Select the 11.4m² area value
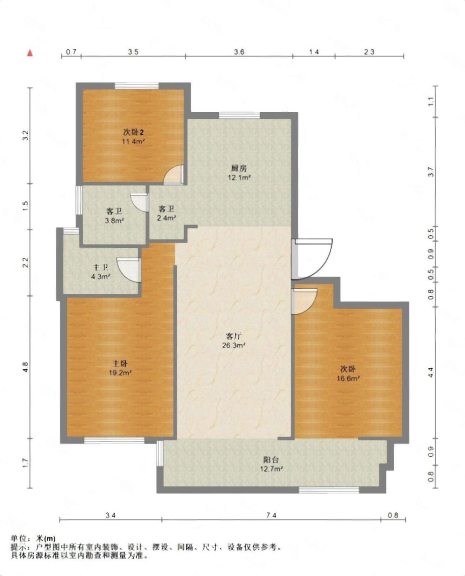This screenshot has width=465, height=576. click(x=134, y=141)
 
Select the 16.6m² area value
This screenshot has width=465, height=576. click(x=348, y=378)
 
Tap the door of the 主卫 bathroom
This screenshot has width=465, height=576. click(x=129, y=270)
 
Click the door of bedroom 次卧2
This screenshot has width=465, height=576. click(x=174, y=175)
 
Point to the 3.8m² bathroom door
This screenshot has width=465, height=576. click(x=139, y=202)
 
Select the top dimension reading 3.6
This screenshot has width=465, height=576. click(x=239, y=51)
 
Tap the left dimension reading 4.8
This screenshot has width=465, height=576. click(x=25, y=367)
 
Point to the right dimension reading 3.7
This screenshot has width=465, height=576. click(x=431, y=172)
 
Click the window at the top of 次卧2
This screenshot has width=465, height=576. click(x=137, y=86)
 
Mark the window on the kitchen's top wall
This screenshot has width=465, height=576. click(x=240, y=115)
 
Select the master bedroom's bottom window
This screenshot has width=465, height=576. click(x=114, y=441)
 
